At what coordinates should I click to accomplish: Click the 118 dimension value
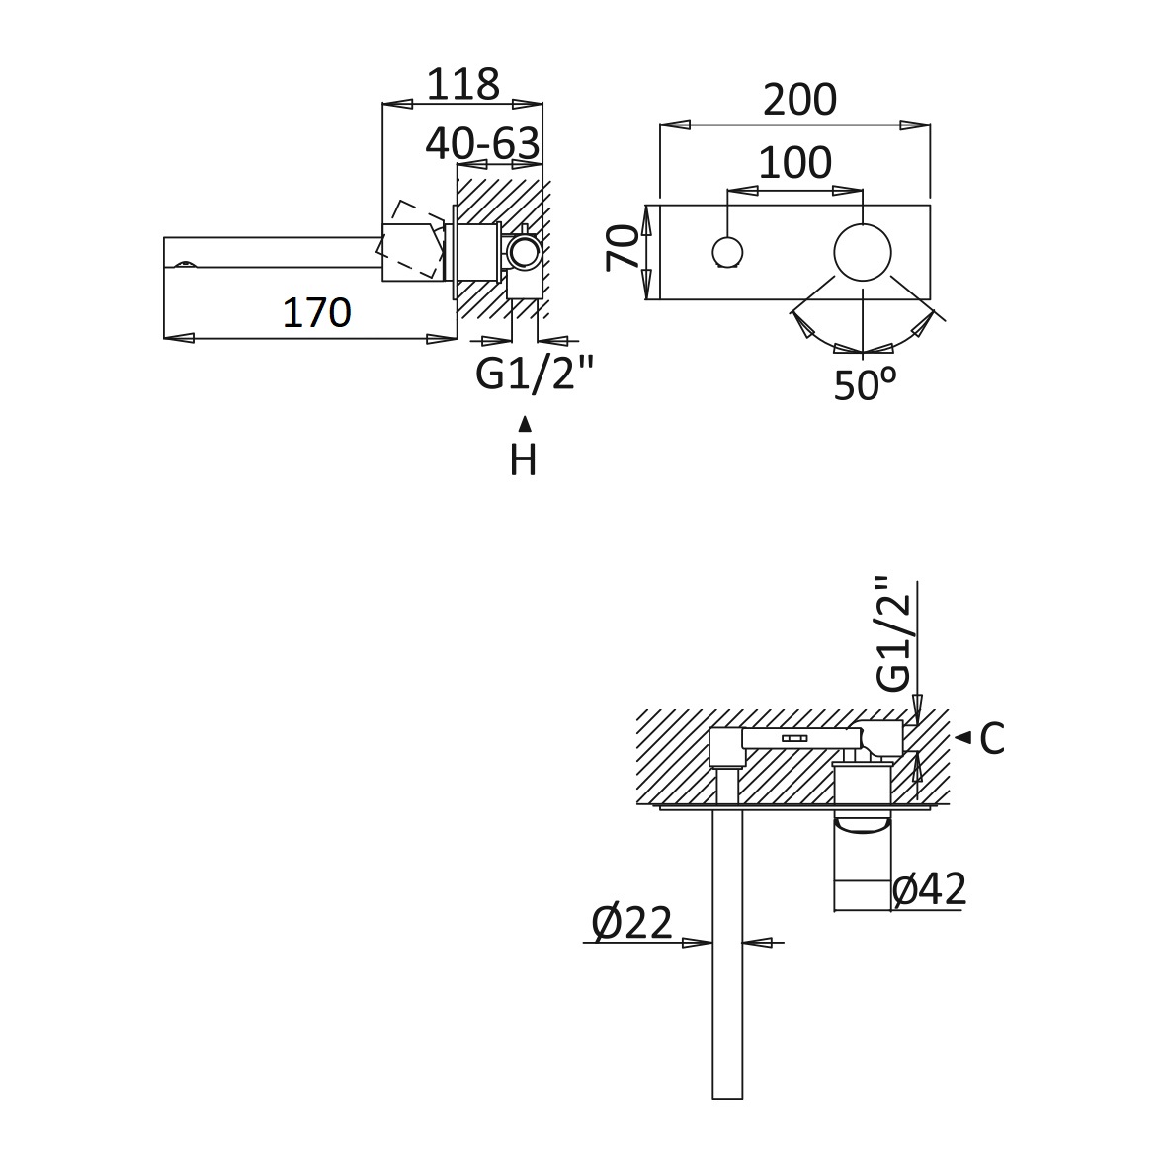tap(462, 84)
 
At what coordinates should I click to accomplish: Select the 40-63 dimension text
tap(483, 143)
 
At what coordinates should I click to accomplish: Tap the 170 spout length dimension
tap(317, 312)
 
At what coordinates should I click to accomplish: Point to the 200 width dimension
tap(800, 99)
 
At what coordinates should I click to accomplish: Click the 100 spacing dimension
tap(794, 162)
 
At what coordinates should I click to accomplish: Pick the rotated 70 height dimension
tap(623, 248)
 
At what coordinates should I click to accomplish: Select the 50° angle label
tap(865, 384)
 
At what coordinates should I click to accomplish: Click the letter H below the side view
tap(523, 460)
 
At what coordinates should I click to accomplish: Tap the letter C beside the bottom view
tap(992, 738)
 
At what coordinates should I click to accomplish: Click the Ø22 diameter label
tap(631, 923)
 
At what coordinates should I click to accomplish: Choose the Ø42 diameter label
tap(929, 888)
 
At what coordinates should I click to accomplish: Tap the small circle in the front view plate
tap(727, 252)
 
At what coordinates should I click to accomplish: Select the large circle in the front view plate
tap(863, 252)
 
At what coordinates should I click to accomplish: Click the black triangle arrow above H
tap(525, 424)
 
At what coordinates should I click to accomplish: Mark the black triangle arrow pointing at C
tap(963, 737)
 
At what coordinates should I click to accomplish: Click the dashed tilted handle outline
tap(415, 239)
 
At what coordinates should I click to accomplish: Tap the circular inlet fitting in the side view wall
tap(524, 252)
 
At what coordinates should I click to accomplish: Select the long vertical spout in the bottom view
tap(727, 954)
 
